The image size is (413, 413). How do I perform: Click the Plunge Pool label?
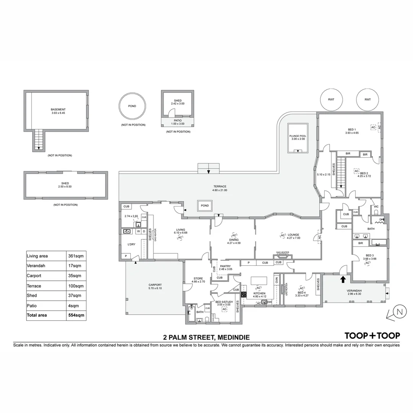(298, 137)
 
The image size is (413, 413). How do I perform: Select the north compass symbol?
(399, 312)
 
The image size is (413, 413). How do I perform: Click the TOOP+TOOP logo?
(372, 335)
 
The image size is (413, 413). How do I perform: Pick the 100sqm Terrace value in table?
(75, 286)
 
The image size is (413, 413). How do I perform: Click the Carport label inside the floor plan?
(155, 286)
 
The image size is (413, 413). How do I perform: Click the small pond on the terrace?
(205, 206)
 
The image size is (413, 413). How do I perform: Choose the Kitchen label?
(259, 295)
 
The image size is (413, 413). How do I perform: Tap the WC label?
(376, 207)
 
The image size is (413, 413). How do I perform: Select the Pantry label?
(225, 267)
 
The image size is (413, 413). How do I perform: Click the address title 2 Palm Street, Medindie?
(206, 337)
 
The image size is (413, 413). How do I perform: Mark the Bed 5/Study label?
(224, 303)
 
